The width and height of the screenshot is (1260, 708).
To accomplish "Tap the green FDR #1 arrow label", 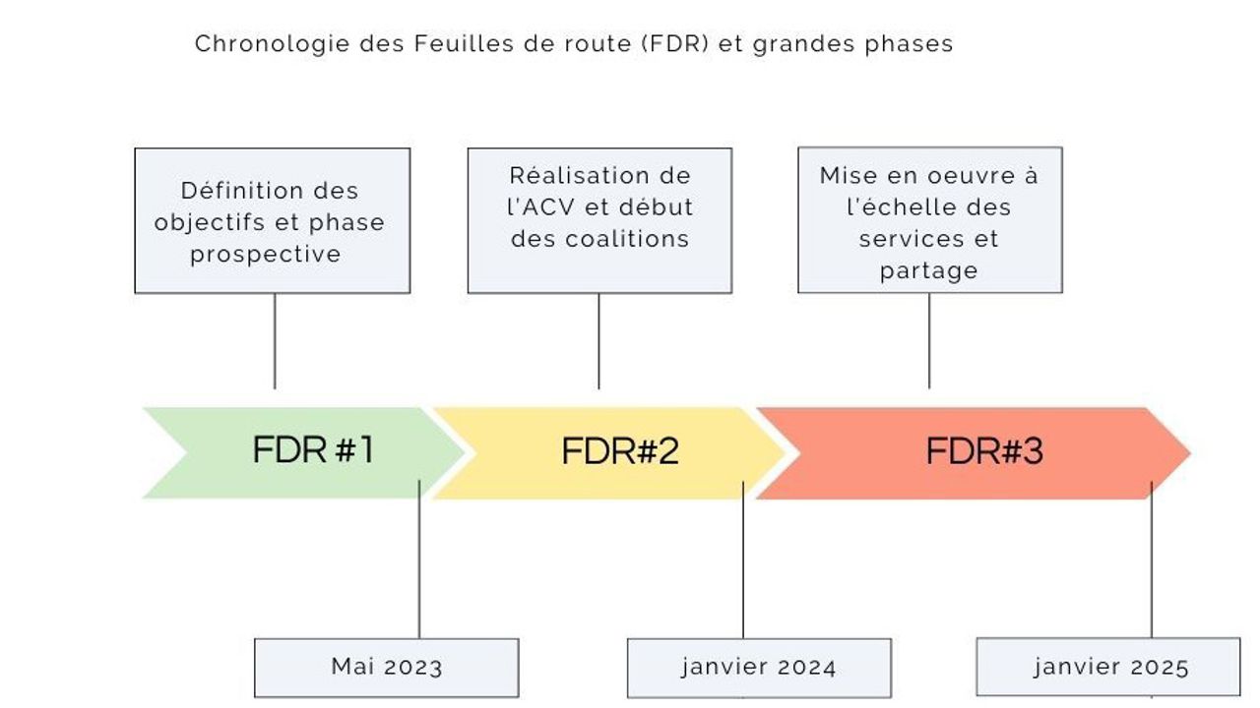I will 313,450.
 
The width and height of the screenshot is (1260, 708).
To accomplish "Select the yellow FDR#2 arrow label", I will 620,451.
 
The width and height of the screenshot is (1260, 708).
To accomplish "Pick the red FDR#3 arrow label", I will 983,451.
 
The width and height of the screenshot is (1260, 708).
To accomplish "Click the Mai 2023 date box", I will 386,668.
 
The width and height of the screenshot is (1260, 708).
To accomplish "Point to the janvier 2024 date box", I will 759,669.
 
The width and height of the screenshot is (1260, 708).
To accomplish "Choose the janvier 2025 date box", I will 1108,668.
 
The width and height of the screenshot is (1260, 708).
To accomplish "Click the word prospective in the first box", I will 266,254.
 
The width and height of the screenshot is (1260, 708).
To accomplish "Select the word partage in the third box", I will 929,270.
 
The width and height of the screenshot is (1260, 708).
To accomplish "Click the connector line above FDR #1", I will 275,340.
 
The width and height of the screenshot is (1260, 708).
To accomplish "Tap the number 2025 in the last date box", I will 1160,668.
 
